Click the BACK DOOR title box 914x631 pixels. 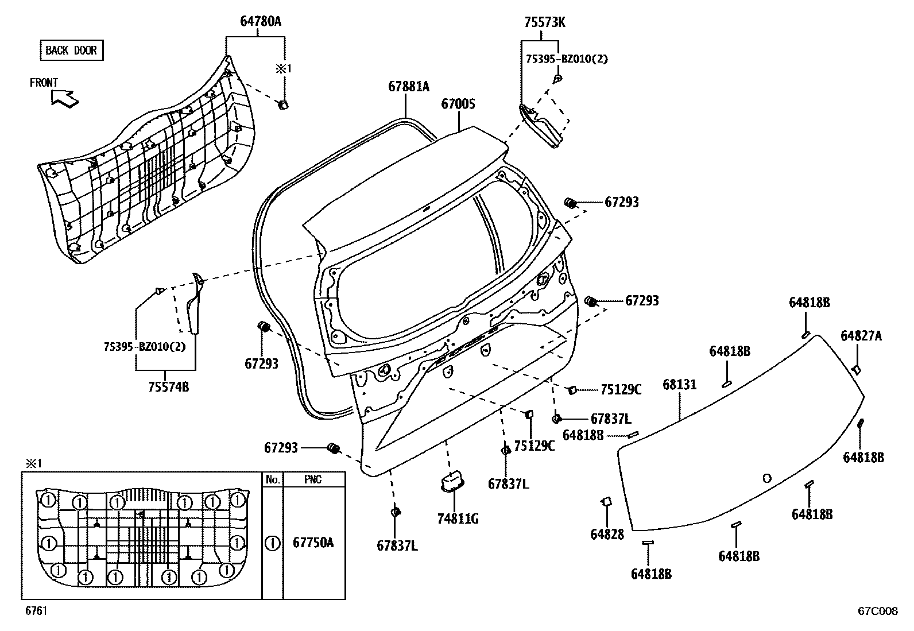[x=71, y=51]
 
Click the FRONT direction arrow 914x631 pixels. [x=64, y=98]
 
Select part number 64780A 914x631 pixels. [x=260, y=22]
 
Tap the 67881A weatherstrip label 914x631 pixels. [x=408, y=87]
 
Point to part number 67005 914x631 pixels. [x=458, y=104]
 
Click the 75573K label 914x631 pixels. [x=544, y=22]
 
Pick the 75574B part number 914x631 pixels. [x=168, y=386]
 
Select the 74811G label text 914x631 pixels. [x=458, y=520]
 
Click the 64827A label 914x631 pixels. [x=861, y=336]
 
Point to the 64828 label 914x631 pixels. [x=607, y=534]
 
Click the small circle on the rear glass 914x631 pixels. [x=767, y=478]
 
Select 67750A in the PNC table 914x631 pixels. [x=313, y=543]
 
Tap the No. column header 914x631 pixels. [x=272, y=479]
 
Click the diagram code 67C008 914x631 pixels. [x=877, y=611]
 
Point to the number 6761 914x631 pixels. [x=36, y=611]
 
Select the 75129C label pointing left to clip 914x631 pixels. [x=621, y=389]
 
